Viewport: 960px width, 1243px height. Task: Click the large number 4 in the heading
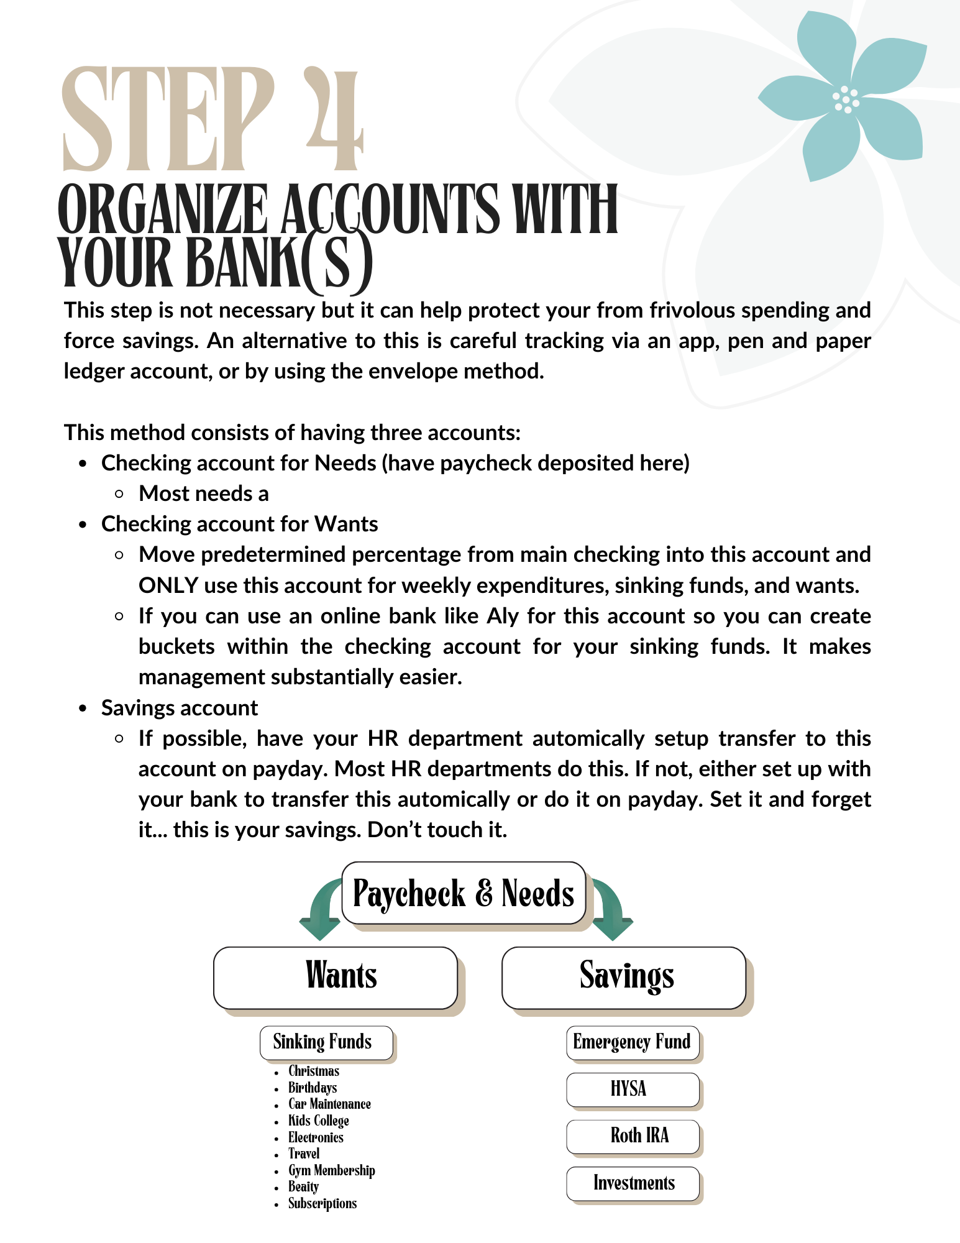coord(334,121)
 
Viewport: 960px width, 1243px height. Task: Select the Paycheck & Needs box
coord(464,893)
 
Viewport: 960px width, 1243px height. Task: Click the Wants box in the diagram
coord(336,977)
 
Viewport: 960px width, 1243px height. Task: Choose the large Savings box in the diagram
coord(624,977)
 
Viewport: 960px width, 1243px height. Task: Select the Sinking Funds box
coord(326,1042)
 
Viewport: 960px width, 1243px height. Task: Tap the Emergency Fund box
coord(633,1042)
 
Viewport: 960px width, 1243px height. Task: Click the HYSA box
coord(633,1089)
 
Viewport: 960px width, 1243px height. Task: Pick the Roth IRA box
coord(633,1136)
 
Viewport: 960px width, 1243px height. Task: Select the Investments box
coord(633,1183)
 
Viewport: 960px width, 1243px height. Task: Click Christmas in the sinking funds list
coord(314,1071)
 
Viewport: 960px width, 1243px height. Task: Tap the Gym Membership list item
coord(331,1171)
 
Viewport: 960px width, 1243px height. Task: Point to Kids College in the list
coord(318,1121)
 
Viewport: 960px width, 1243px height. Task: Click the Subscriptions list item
coord(322,1204)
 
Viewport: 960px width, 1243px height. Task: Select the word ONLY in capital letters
coord(168,585)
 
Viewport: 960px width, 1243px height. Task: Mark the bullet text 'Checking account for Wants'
coord(239,524)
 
